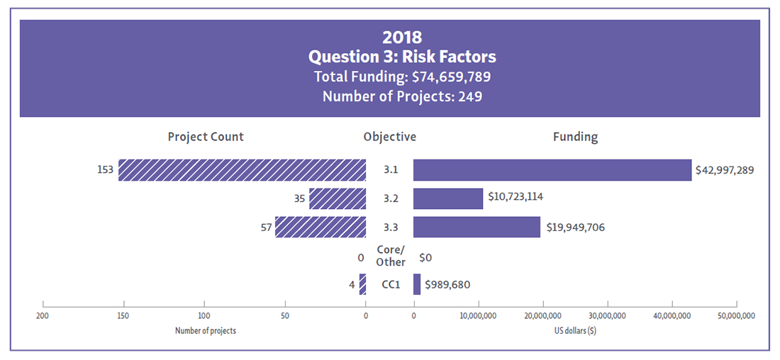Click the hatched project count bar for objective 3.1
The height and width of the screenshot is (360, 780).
[242, 170]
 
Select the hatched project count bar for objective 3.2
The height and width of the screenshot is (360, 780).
[338, 198]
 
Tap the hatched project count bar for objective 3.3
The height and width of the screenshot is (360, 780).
[320, 227]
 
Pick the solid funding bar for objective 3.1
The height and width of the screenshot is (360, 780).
[552, 170]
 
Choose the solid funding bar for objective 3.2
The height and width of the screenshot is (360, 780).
[448, 198]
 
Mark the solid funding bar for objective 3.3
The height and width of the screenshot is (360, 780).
[477, 227]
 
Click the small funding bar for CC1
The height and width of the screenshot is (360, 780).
[417, 284]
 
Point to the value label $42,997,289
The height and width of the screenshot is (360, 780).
[725, 171]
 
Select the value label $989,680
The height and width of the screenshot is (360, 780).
[447, 285]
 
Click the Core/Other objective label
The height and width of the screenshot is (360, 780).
[390, 256]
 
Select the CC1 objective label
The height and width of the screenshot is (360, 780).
[391, 285]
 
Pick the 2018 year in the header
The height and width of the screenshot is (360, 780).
[402, 37]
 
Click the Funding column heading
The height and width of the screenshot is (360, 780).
[575, 137]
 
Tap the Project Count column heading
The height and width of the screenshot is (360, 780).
[206, 137]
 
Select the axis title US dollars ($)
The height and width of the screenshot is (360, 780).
[575, 330]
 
